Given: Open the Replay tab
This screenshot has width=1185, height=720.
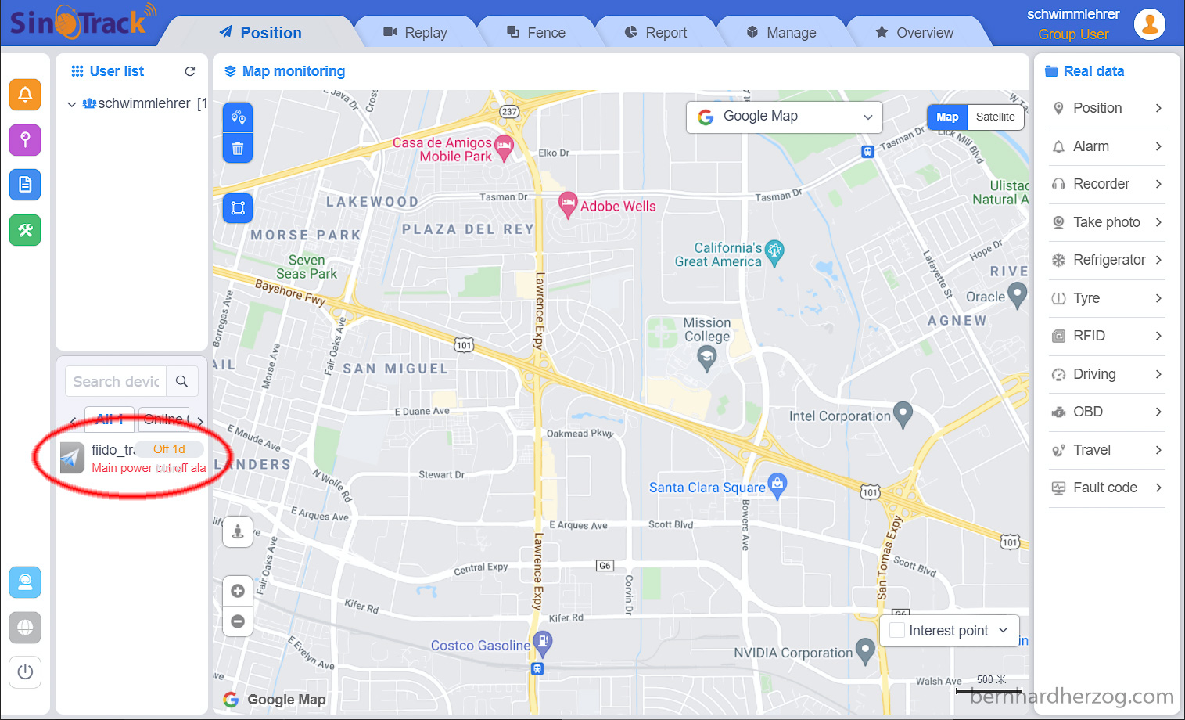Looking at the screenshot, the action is pos(415,33).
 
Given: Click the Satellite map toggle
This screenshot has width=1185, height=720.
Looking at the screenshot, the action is pos(995,117).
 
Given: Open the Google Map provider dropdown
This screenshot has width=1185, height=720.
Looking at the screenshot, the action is pos(784,117).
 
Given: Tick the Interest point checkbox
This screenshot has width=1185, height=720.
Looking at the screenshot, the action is pos(897,630).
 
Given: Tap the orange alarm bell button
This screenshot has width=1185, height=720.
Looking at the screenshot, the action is pos(25,95).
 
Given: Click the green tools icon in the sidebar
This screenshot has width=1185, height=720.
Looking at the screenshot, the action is pos(25,230).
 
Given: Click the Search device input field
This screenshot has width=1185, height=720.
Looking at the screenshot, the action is pos(117,381).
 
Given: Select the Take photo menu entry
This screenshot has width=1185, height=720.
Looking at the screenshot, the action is pos(1106,222).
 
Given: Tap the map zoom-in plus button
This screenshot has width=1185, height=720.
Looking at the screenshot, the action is pos(238,591).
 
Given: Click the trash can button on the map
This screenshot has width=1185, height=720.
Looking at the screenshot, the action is pos(238,148).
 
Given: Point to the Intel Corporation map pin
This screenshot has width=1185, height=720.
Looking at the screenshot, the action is pos(903,413).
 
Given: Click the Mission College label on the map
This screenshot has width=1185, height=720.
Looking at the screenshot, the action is pos(707,329).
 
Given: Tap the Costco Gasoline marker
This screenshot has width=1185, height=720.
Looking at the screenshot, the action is pos(543,643).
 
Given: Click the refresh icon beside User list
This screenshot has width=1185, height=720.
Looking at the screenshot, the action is pos(189,71).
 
